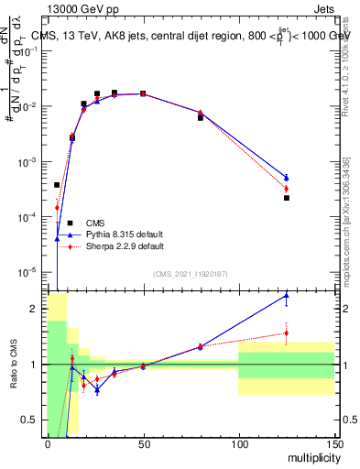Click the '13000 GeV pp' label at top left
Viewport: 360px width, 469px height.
80,8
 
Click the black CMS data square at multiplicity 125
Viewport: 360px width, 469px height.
286,198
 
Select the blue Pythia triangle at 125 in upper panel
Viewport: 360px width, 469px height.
286,177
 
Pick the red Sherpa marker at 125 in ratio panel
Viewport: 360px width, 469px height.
286,333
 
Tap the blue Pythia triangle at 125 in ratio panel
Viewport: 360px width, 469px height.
286,295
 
